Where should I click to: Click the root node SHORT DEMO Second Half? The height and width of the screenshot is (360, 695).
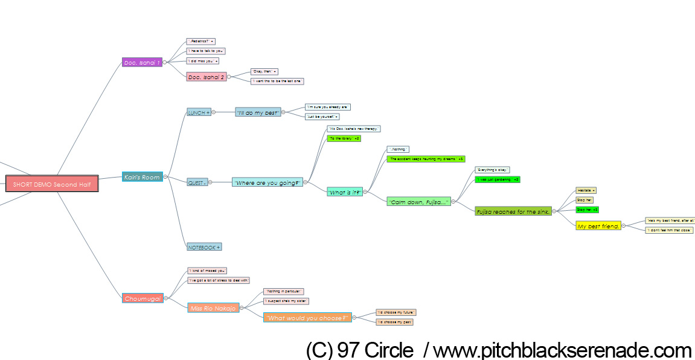point(52,184)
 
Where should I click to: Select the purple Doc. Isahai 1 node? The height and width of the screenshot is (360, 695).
point(142,62)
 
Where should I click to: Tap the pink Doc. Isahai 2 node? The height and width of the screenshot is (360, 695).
point(206,77)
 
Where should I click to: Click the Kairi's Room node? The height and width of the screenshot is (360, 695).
point(142,177)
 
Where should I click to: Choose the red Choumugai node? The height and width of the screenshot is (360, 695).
point(143,298)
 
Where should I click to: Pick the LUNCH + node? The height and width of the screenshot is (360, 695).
point(199,112)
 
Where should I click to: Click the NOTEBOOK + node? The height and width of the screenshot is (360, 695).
point(204,246)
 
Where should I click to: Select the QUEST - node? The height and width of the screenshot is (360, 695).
point(197,182)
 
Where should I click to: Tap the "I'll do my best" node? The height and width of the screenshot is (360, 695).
point(258,112)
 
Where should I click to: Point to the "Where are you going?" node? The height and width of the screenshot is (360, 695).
point(267,182)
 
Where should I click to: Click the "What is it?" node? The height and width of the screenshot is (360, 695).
point(344,192)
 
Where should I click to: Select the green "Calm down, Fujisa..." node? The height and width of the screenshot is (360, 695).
point(418,202)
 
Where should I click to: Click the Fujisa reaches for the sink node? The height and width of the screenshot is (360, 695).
point(513,211)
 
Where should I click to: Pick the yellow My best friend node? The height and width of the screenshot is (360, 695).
point(598,226)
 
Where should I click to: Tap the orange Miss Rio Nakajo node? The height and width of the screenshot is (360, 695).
point(213,308)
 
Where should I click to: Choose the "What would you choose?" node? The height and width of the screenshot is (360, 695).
point(307,318)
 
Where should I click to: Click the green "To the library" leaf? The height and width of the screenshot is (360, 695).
point(344,138)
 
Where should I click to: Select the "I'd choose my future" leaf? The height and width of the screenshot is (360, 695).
point(396,312)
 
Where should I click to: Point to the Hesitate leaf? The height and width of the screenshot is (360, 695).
point(586,190)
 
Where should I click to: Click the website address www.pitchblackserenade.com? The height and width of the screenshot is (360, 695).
point(562,350)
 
